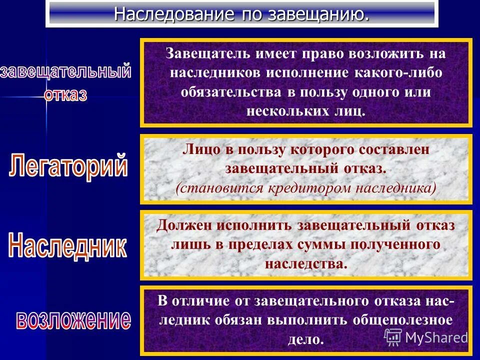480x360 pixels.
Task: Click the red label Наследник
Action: [x=68, y=246]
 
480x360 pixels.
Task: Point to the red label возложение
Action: [x=73, y=320]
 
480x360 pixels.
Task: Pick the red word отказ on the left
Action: [x=65, y=94]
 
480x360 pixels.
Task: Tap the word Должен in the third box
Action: [x=184, y=225]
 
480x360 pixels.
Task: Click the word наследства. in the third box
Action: [x=306, y=263]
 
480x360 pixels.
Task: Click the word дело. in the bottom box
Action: [x=306, y=339]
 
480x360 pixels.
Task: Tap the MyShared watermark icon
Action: [x=393, y=337]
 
